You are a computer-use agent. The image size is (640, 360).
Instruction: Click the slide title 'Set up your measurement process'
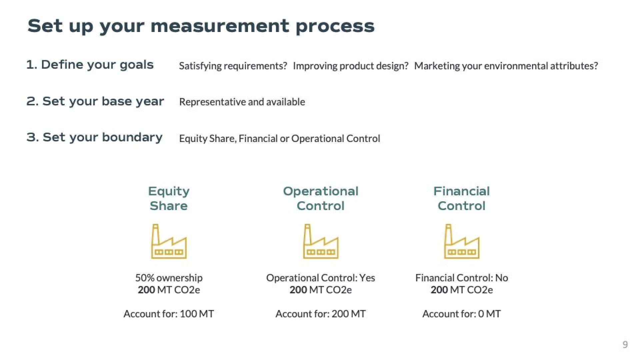point(201,26)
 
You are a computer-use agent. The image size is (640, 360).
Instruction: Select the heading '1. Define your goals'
point(90,65)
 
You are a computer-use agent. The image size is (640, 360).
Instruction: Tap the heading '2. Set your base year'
point(95,101)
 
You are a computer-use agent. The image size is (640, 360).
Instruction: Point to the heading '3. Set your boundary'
point(94,137)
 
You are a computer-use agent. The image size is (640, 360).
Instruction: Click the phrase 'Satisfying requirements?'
point(233,66)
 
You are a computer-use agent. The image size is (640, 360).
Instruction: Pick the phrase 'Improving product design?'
point(351,66)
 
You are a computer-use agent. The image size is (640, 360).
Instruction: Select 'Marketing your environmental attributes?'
point(506,66)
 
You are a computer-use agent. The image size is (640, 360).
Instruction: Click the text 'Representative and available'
point(242,102)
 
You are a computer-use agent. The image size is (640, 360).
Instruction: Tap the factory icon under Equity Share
point(169,241)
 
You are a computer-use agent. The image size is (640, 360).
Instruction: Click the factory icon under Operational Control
point(321,241)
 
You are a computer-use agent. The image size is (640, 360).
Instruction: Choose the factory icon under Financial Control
point(462,241)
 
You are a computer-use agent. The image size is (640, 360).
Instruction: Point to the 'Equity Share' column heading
point(169,198)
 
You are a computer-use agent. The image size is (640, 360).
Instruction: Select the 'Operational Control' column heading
point(321,198)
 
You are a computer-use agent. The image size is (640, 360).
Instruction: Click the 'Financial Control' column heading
point(462,198)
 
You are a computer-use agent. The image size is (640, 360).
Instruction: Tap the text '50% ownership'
point(169,278)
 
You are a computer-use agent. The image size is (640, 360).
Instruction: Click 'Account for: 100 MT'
point(169,314)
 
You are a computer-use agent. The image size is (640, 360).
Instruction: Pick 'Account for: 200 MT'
point(321,314)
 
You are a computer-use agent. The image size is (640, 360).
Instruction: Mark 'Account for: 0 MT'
point(462,314)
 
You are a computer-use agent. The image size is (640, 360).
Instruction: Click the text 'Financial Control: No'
point(462,278)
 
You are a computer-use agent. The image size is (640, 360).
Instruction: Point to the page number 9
point(625,345)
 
